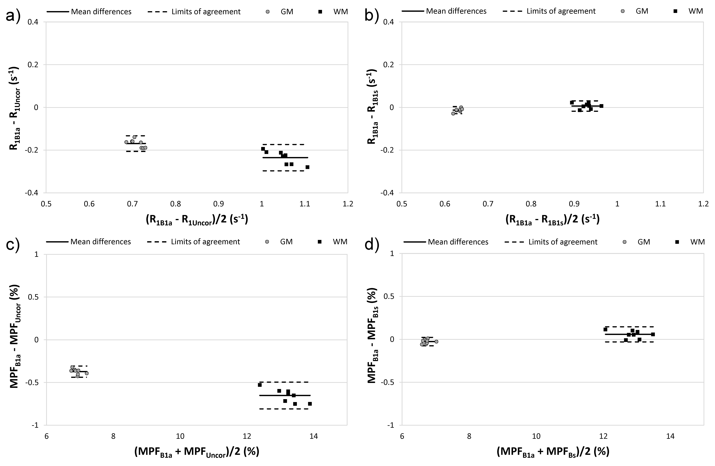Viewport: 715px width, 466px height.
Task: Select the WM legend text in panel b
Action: point(696,11)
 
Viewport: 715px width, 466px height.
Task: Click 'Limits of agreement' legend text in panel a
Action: point(206,12)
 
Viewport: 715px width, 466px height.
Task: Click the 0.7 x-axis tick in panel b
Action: point(488,204)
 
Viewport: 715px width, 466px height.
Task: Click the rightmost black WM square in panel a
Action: point(307,167)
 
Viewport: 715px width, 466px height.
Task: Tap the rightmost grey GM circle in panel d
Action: point(436,341)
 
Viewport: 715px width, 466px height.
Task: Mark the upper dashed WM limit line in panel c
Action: point(284,382)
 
